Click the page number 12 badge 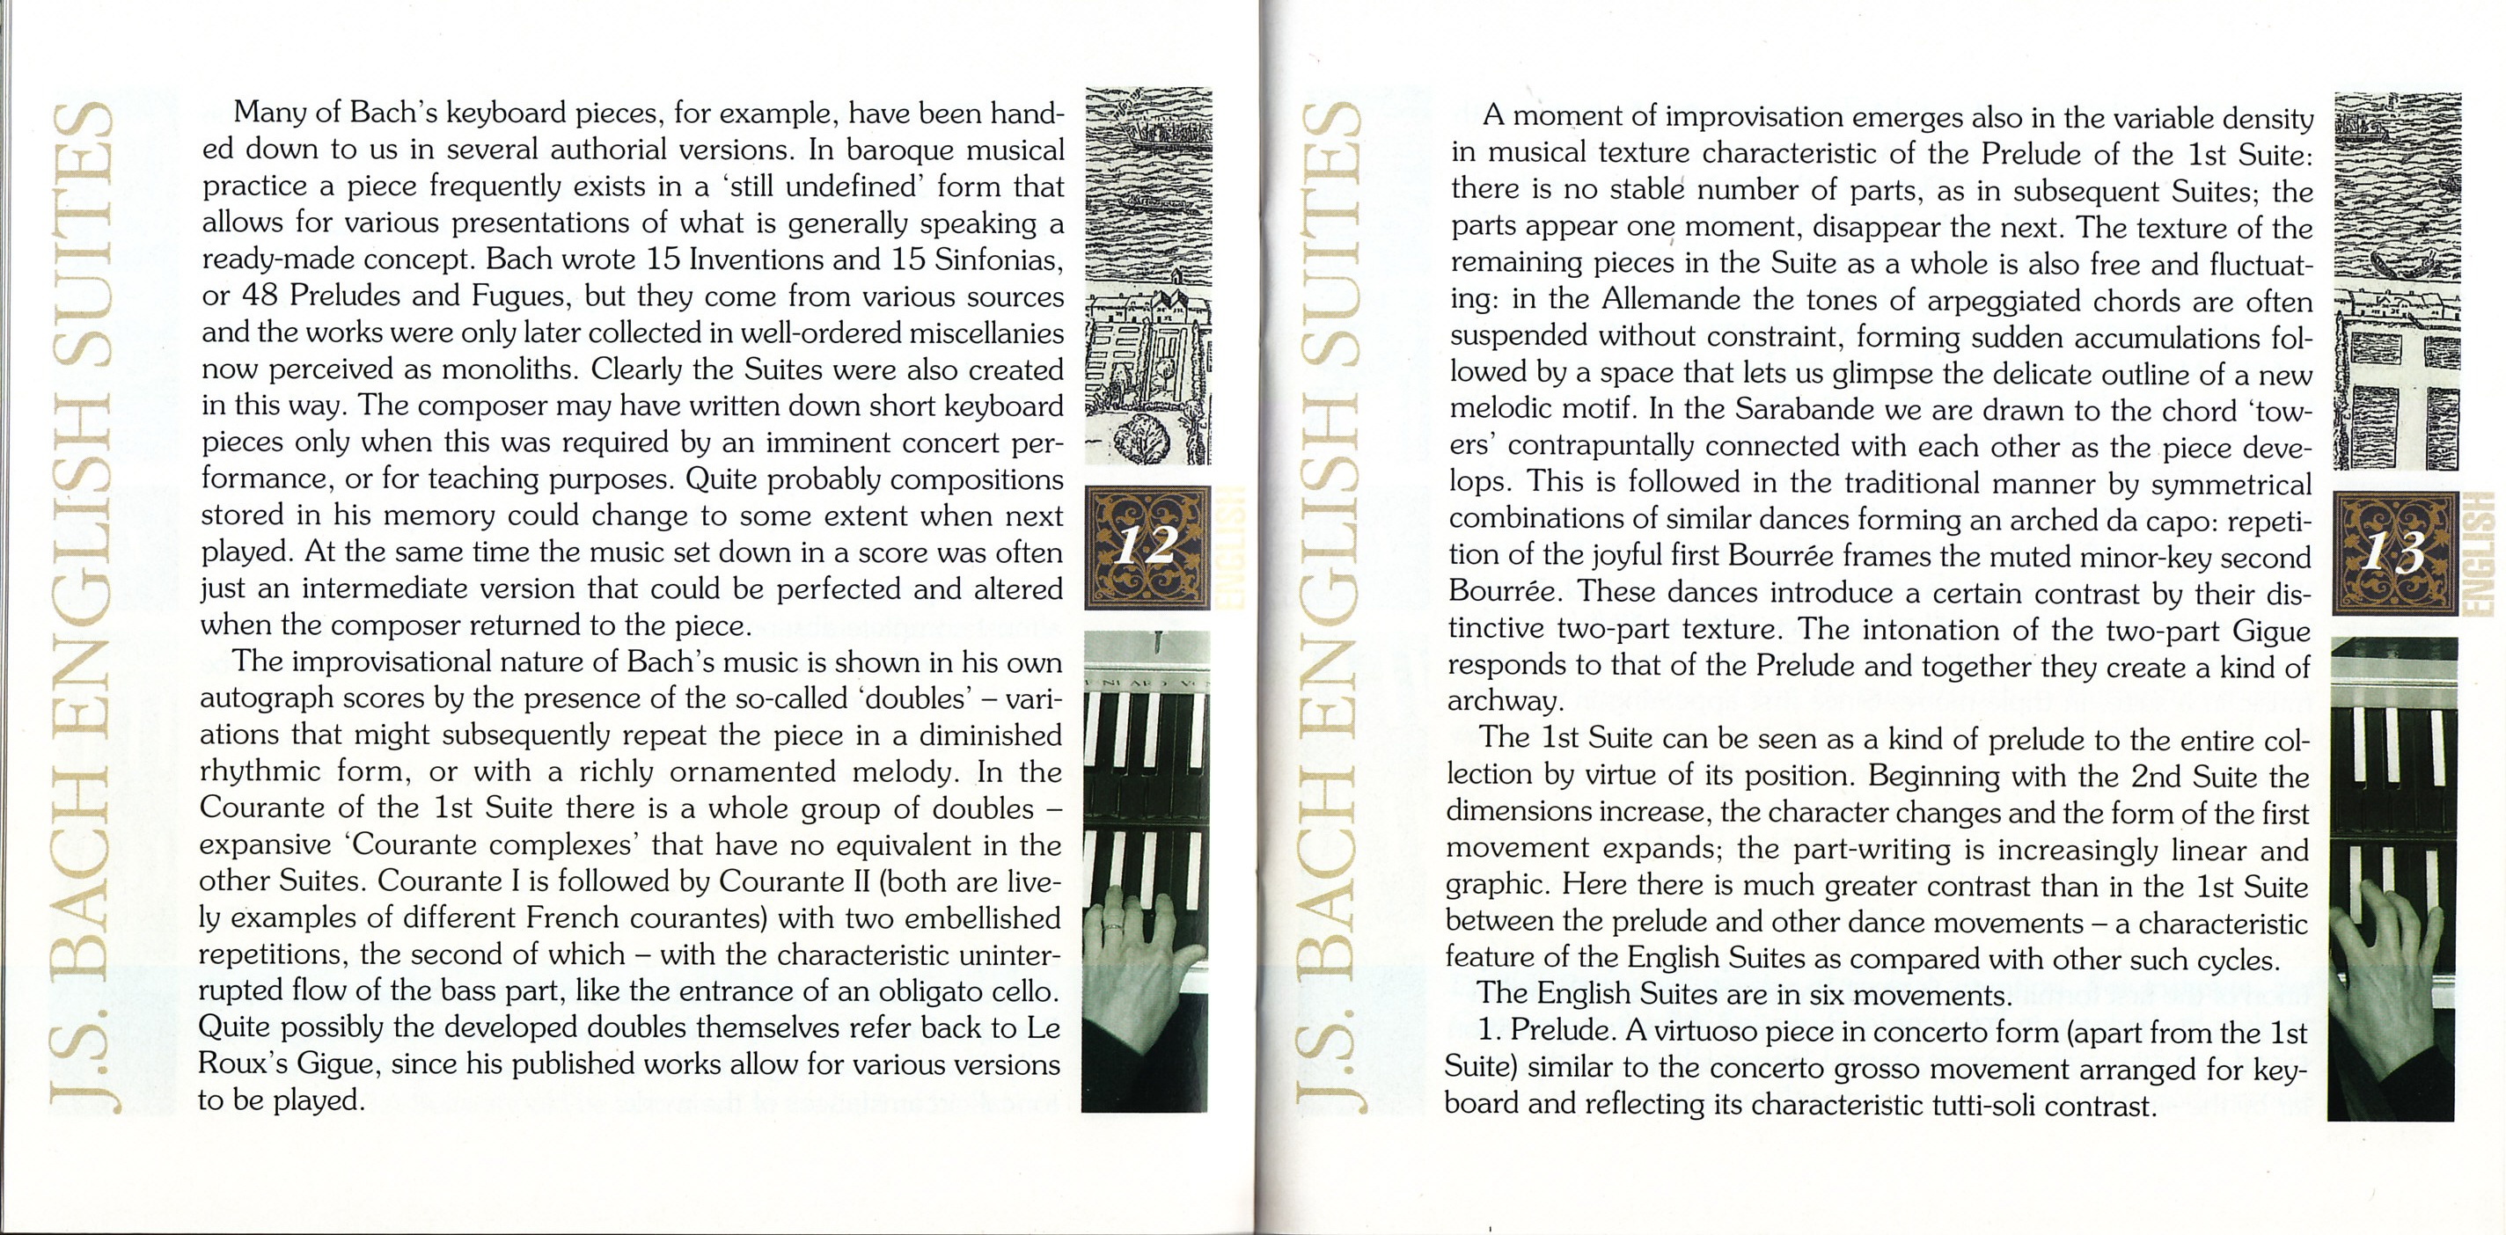click(x=1147, y=547)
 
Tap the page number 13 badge click(x=2393, y=554)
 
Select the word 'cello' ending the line click(x=1021, y=992)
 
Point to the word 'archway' click(x=1503, y=702)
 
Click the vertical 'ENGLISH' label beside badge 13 click(x=2487, y=554)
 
